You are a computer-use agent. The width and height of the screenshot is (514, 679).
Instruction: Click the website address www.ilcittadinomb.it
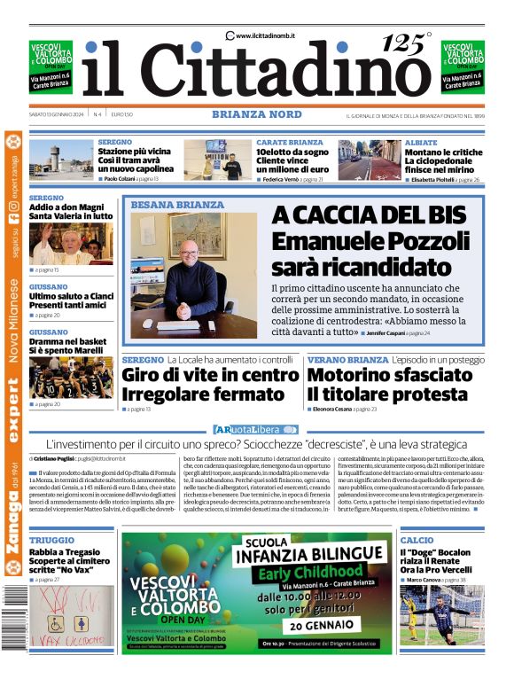click(265, 35)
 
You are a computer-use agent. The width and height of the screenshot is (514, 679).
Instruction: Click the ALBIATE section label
click(420, 143)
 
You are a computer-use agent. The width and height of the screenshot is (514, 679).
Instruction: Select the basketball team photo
click(70, 378)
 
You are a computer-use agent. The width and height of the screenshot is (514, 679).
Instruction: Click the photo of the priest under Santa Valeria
click(70, 244)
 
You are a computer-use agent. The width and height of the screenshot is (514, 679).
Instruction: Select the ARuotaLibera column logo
click(256, 429)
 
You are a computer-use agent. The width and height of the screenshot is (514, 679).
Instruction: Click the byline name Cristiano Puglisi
click(55, 459)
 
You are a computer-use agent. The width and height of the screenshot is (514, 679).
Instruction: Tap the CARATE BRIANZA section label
click(290, 143)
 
